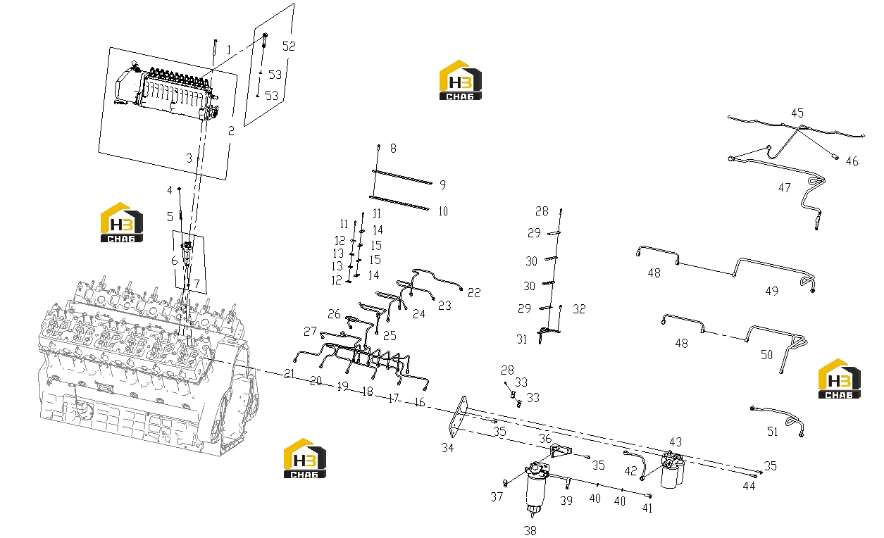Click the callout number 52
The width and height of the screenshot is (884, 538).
[289, 46]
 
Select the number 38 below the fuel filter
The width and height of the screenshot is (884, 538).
[530, 530]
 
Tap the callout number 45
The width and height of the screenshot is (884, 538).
[797, 113]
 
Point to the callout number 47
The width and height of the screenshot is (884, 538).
[784, 187]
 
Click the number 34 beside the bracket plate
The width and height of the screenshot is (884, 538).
[447, 448]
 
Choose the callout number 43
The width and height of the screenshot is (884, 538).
[676, 442]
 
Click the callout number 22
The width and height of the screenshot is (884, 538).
[474, 293]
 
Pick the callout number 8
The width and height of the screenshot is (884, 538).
[393, 149]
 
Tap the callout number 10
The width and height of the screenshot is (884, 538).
[443, 211]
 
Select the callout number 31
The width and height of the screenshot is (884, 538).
[522, 339]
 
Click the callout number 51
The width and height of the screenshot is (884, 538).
[772, 432]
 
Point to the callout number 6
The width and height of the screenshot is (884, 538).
[175, 261]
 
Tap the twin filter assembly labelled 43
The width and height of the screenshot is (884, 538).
[673, 470]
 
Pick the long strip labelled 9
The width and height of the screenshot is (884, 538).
[402, 177]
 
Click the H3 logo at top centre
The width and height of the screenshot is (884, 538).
[461, 80]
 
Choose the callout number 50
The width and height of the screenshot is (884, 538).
[766, 355]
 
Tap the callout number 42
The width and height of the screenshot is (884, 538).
[630, 471]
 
